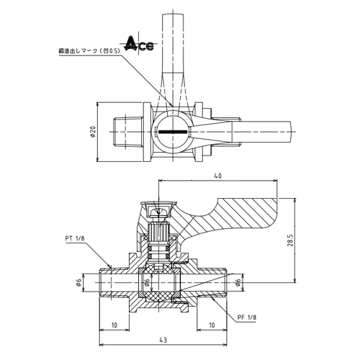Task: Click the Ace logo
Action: click(140, 44)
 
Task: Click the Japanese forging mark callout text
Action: click(89, 51)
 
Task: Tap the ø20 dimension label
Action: click(93, 132)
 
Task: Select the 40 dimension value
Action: click(217, 176)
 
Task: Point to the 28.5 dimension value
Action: click(289, 240)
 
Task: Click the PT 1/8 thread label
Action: click(75, 238)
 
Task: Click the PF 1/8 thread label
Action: click(247, 318)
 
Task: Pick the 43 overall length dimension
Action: click(163, 340)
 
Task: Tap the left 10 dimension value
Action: click(114, 325)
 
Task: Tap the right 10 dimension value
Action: click(212, 325)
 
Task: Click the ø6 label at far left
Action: click(79, 282)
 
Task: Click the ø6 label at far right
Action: click(238, 283)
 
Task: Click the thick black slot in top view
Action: click(173, 132)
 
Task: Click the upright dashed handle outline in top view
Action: click(173, 60)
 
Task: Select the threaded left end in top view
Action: click(128, 132)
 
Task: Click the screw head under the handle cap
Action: click(158, 212)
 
